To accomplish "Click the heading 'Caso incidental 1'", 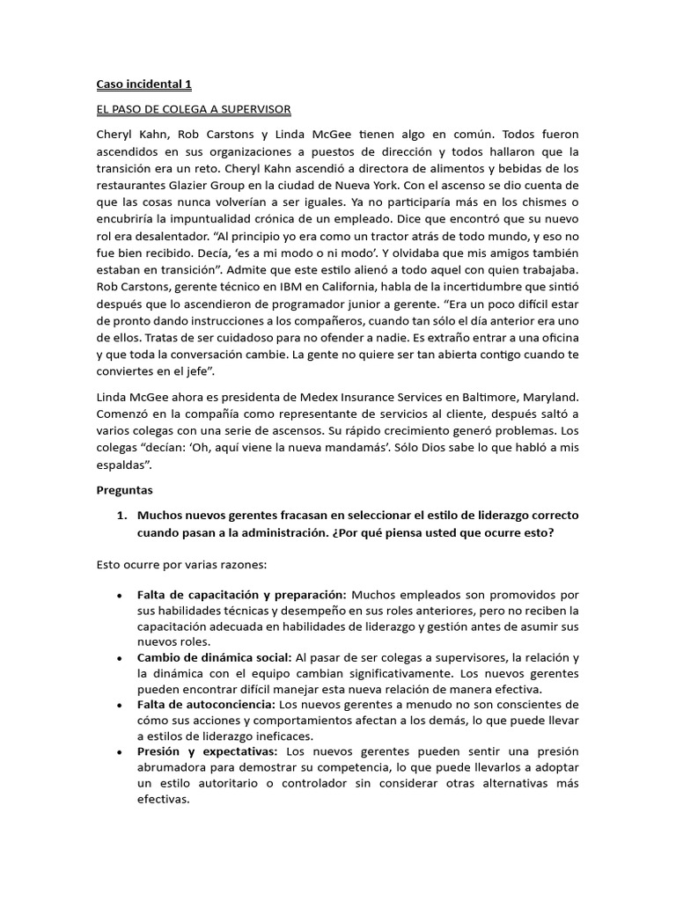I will point(143,84).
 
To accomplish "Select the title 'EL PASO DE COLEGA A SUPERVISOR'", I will point(193,109).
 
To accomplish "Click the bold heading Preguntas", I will point(124,489).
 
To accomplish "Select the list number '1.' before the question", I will point(123,515).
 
